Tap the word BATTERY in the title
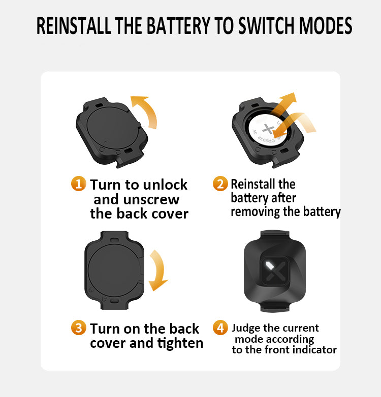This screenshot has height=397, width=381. [179, 26]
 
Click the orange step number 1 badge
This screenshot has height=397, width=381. [78, 184]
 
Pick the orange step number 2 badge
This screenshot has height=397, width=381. [220, 184]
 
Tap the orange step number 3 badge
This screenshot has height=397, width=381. [78, 328]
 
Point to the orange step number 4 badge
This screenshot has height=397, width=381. [220, 328]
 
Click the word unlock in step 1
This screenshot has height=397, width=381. [164, 185]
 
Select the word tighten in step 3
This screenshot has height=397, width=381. [179, 343]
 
